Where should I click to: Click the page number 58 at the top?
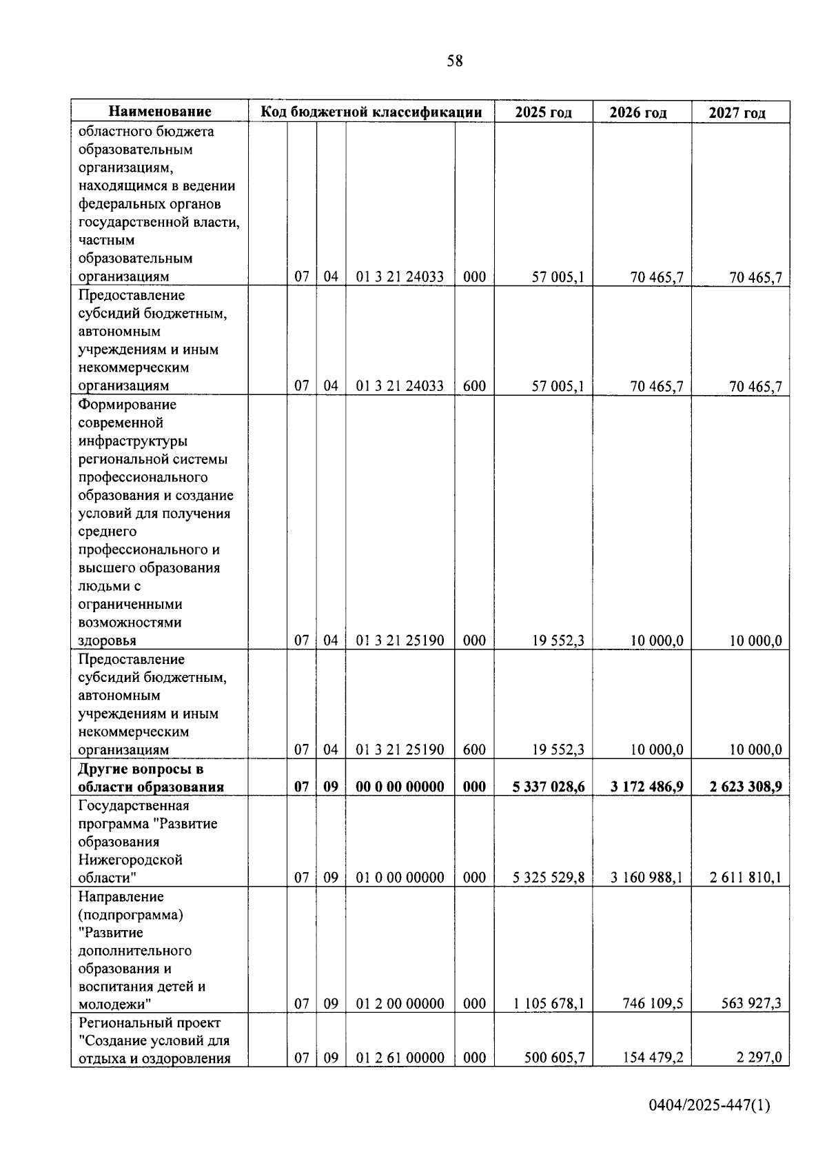[455, 61]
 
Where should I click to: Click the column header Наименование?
[160, 112]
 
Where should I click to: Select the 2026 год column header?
[638, 112]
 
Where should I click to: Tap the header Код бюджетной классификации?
[371, 112]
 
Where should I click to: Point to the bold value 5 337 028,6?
[549, 787]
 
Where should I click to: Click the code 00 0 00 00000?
[400, 787]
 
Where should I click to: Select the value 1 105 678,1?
[549, 1004]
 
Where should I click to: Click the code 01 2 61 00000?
[400, 1058]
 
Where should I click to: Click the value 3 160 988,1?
[646, 878]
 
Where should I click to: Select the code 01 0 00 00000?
[400, 878]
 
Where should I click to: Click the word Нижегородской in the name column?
[130, 860]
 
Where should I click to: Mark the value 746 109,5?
[653, 1004]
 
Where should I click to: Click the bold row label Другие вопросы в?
[141, 769]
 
